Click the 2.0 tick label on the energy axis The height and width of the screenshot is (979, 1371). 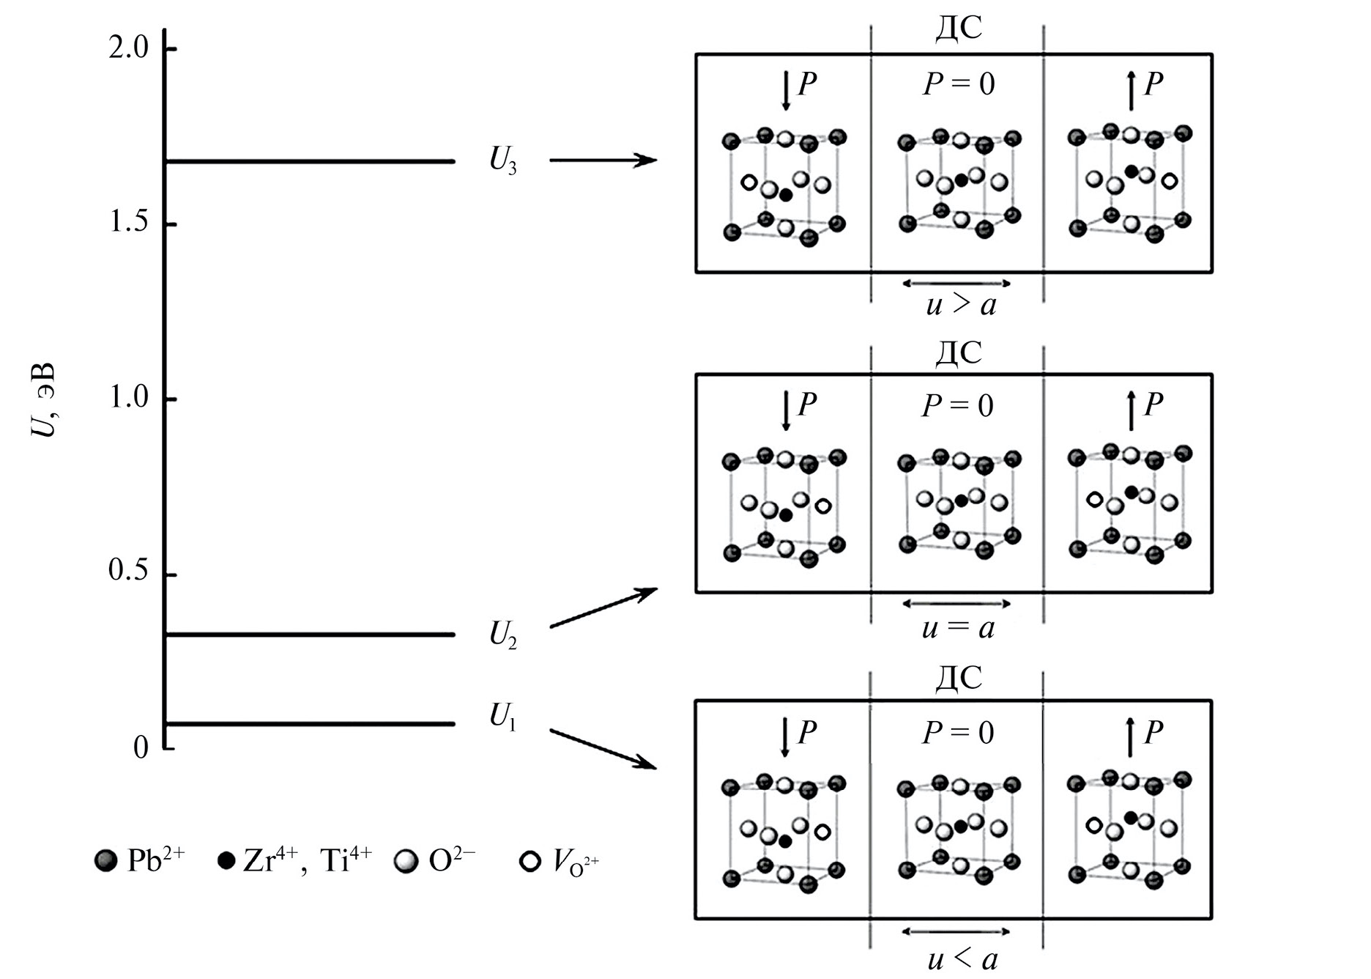tap(128, 48)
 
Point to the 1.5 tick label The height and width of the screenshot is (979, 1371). tap(128, 222)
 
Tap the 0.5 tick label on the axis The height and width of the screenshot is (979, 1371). tap(128, 572)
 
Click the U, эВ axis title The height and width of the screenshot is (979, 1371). tap(43, 399)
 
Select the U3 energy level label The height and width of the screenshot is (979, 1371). tap(502, 161)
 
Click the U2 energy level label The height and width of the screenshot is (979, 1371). tap(502, 635)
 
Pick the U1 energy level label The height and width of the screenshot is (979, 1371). tap(502, 717)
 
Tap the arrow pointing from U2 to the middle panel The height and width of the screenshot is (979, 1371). tap(603, 607)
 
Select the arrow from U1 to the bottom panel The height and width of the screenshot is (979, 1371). tap(603, 749)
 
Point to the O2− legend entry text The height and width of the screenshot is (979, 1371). tap(451, 861)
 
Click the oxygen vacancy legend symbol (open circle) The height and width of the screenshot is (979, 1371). tap(530, 861)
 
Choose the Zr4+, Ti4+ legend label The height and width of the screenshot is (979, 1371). tap(308, 860)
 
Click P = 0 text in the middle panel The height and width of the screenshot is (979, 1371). tap(957, 405)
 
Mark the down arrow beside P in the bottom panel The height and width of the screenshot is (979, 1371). tap(785, 737)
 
